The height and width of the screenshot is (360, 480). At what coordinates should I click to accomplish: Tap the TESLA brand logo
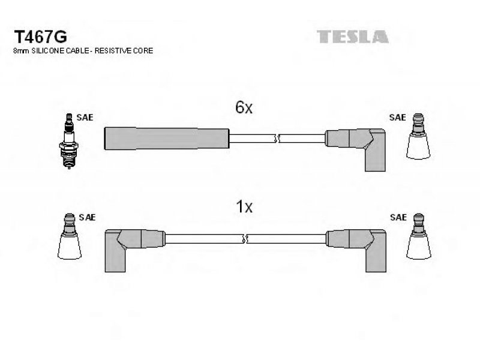click(352, 37)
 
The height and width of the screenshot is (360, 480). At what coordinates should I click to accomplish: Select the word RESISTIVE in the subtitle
click(119, 52)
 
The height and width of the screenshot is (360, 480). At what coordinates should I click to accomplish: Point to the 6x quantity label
click(245, 108)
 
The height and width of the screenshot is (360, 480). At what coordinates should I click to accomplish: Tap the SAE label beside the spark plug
click(85, 118)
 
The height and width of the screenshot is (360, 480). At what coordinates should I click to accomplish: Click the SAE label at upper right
click(397, 118)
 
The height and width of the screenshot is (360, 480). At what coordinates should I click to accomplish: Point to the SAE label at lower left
click(88, 217)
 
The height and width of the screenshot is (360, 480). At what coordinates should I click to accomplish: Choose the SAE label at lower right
click(397, 217)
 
